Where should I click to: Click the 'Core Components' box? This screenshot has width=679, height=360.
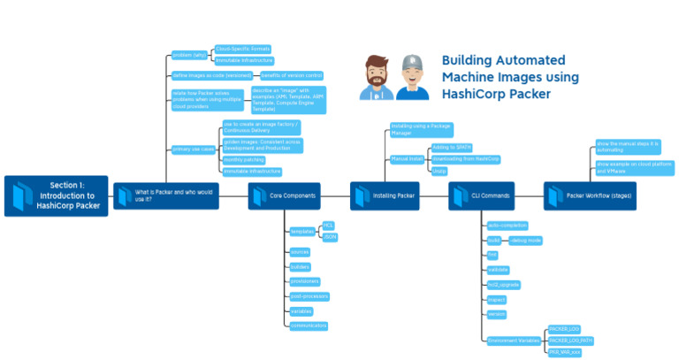pyautogui.click(x=284, y=195)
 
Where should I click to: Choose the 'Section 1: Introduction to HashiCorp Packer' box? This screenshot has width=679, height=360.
pyautogui.click(x=54, y=195)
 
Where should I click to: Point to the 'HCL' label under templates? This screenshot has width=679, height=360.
pyautogui.click(x=328, y=226)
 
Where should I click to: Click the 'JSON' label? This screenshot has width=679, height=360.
pyautogui.click(x=329, y=237)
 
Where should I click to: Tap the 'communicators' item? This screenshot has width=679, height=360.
pyautogui.click(x=309, y=326)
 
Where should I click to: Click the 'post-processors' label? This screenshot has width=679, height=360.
pyautogui.click(x=308, y=296)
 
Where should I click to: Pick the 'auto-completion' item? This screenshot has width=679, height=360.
pyautogui.click(x=507, y=226)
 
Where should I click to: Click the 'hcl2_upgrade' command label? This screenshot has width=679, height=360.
pyautogui.click(x=503, y=285)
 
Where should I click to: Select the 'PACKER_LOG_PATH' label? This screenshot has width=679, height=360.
pyautogui.click(x=570, y=340)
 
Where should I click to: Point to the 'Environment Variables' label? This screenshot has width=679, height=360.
pyautogui.click(x=513, y=340)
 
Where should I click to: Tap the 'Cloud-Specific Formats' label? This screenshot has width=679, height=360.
pyautogui.click(x=242, y=49)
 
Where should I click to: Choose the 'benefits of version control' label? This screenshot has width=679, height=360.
pyautogui.click(x=292, y=76)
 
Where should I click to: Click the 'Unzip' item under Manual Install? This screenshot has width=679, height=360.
pyautogui.click(x=439, y=171)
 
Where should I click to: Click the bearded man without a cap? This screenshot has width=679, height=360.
pyautogui.click(x=377, y=78)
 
